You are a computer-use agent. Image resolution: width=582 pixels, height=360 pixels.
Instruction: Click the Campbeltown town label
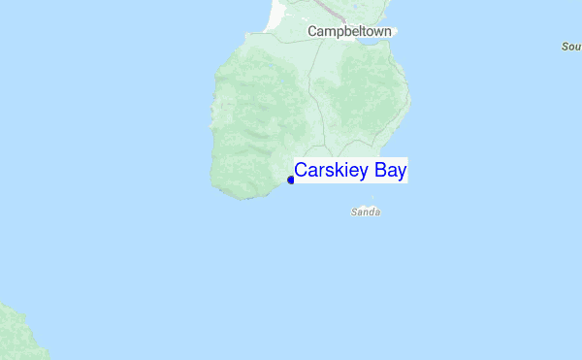(x=349, y=31)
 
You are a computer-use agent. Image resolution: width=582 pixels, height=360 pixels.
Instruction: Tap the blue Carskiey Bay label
(x=350, y=170)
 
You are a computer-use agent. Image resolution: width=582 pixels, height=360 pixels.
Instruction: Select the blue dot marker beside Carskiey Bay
(x=290, y=180)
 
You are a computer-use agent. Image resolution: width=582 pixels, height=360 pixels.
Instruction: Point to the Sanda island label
(x=365, y=211)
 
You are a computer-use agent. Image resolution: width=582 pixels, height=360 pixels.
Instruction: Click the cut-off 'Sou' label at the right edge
(x=570, y=46)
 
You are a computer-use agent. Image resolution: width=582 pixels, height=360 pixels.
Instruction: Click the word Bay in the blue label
(x=389, y=170)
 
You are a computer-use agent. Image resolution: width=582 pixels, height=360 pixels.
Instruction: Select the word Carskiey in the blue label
(x=331, y=170)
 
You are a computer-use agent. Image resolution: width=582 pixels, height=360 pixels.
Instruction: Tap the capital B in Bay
(x=377, y=170)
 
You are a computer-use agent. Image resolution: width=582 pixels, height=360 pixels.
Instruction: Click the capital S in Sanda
(x=354, y=211)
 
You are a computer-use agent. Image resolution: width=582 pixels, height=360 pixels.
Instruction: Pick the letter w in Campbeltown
(x=374, y=31)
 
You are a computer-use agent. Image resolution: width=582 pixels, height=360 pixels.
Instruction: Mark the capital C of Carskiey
(x=301, y=170)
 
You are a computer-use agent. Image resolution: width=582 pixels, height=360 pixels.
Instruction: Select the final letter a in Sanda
(x=375, y=211)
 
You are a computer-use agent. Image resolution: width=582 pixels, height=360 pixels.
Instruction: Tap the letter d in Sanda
(x=370, y=211)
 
